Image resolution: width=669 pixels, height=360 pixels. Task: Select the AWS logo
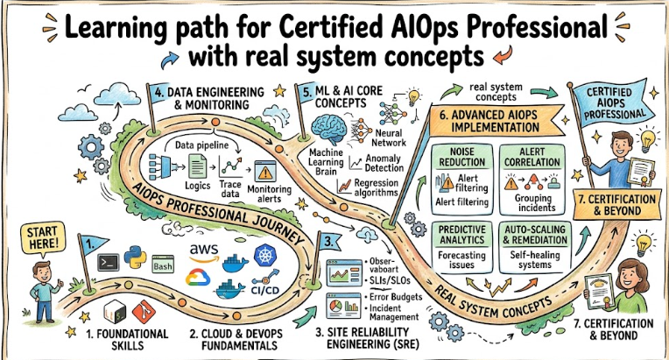[x=203, y=250]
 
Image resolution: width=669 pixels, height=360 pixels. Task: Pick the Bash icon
[x=164, y=263]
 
